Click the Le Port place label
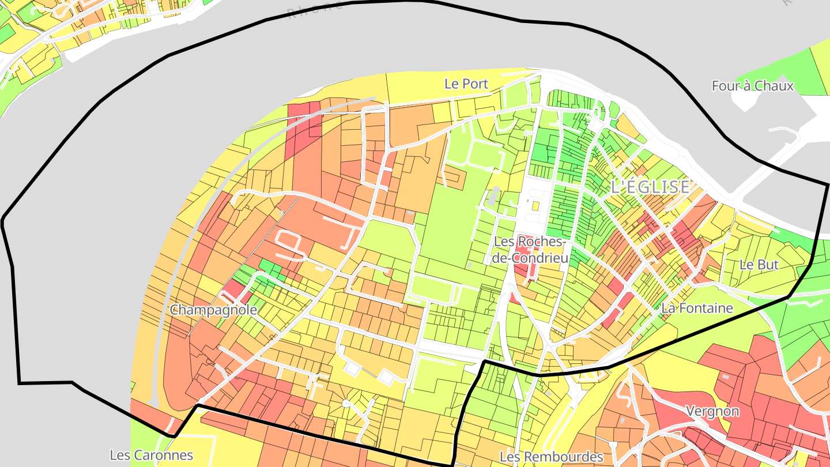pos(466,84)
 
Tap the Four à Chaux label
pos(752,86)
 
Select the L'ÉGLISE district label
pos(650,187)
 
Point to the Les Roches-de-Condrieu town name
pos(530,250)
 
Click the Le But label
pos(759,265)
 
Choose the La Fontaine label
pos(697,308)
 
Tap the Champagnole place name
pos(213,310)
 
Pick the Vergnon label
pos(712,411)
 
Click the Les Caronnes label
pos(151,455)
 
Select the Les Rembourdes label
pos(551,457)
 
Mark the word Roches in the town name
pos(539,242)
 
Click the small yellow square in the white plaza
pos(535,205)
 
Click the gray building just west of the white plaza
pos(494,196)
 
